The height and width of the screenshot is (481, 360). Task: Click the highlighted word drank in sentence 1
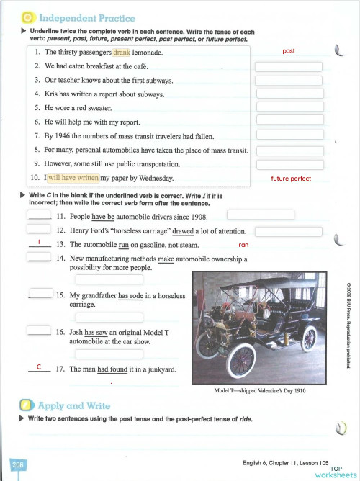point(122,53)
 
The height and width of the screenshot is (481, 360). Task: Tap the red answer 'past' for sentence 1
point(289,51)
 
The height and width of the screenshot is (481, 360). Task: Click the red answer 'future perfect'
point(291,179)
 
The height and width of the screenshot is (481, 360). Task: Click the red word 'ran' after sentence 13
point(243,246)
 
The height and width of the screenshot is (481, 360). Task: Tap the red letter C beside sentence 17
point(37,367)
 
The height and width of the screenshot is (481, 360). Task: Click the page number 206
point(18,466)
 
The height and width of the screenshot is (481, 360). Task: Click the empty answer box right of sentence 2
point(289,67)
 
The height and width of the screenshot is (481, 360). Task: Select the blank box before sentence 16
point(37,331)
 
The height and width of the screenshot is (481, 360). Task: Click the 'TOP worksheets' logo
point(335,472)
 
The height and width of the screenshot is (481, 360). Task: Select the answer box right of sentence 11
point(260,215)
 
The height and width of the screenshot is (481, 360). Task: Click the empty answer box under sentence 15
point(109,316)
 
